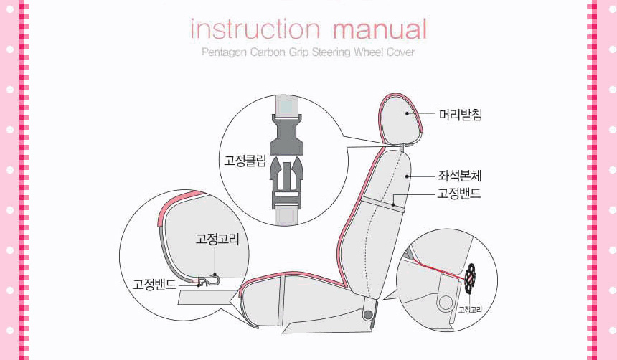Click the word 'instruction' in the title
click(x=255, y=29)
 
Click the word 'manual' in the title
click(x=380, y=29)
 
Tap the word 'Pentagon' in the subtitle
click(x=225, y=52)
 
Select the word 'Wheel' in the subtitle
click(x=368, y=52)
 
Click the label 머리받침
click(x=461, y=115)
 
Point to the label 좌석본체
click(x=460, y=176)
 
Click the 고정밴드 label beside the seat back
click(x=460, y=194)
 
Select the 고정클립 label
click(x=245, y=161)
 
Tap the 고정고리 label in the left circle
click(x=217, y=238)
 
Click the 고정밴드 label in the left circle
click(x=154, y=284)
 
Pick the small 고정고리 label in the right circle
click(x=470, y=310)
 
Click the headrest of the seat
click(x=400, y=119)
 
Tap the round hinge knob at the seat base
click(x=368, y=314)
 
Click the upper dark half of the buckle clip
click(x=286, y=135)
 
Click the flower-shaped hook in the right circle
click(x=470, y=278)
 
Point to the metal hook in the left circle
click(x=209, y=281)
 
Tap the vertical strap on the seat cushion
click(x=281, y=300)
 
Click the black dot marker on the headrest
click(x=408, y=113)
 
